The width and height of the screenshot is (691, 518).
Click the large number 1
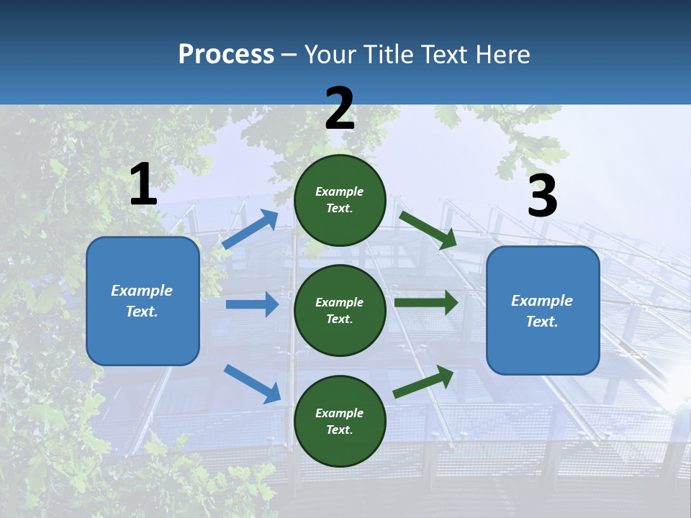tap(143, 185)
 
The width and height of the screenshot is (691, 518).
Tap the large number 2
tap(340, 109)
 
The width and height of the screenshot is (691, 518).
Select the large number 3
tap(542, 196)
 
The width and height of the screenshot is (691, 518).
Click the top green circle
tap(340, 200)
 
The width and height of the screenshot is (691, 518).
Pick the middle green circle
tap(340, 310)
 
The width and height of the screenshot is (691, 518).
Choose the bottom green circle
tap(340, 421)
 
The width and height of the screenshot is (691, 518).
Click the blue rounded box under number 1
tap(143, 301)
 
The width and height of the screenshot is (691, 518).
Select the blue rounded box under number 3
tap(543, 310)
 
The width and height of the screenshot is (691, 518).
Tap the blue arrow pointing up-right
tap(250, 230)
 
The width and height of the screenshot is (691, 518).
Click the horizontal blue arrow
tap(252, 304)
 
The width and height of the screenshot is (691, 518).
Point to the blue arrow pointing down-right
tap(252, 383)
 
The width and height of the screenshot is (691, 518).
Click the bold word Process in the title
tap(226, 54)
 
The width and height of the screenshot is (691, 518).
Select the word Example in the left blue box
tap(142, 291)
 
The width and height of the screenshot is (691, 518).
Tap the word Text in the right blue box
tap(541, 322)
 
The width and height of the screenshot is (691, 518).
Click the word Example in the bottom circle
tap(339, 413)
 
